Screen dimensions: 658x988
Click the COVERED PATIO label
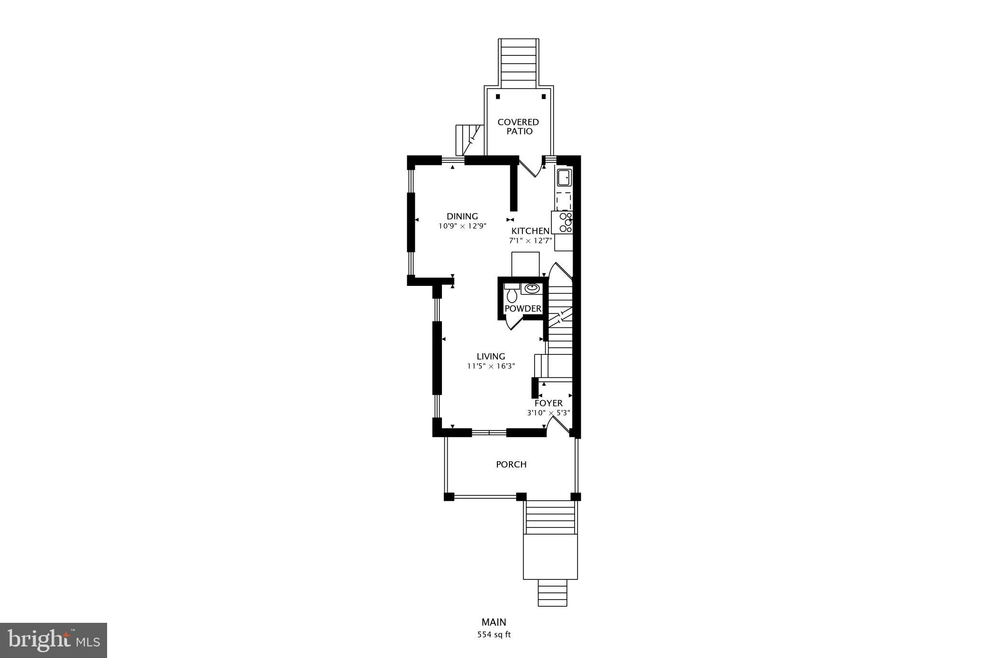[518, 127]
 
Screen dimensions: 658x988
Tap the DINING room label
[462, 216]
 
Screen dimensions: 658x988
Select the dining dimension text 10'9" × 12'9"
[462, 226]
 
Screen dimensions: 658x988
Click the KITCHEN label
[530, 231]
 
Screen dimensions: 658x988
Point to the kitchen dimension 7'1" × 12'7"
[530, 241]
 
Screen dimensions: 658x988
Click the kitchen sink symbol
[564, 178]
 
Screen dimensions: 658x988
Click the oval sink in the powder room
[532, 288]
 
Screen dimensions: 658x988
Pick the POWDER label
[523, 309]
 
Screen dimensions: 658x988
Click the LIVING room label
[491, 356]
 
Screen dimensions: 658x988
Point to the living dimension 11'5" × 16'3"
[491, 366]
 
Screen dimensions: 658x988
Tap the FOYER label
[548, 403]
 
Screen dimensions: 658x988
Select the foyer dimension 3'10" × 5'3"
[548, 413]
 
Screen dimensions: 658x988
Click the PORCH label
[511, 464]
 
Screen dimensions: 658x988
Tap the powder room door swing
[513, 324]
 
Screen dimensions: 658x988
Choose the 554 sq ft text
[494, 634]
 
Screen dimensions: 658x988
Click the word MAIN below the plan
[494, 622]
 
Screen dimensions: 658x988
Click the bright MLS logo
[54, 640]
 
